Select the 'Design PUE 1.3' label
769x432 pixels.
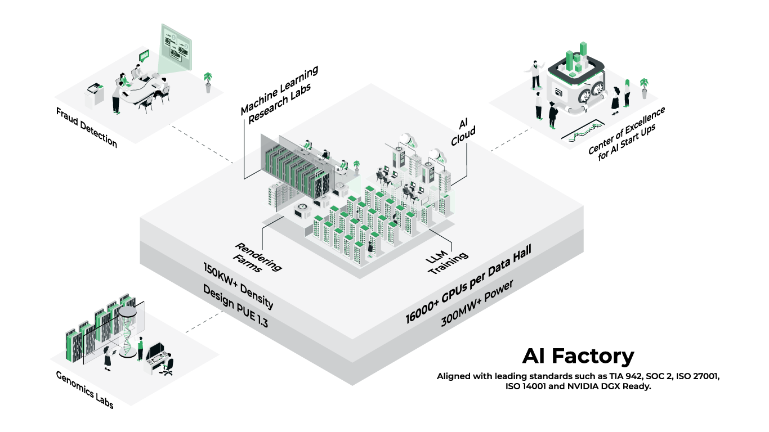(235, 307)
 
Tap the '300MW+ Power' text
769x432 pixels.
(477, 304)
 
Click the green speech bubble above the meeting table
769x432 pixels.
(144, 55)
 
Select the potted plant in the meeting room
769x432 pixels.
(208, 81)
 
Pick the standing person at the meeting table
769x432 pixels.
(117, 96)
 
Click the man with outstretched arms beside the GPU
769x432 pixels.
(534, 75)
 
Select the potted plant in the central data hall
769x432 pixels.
(356, 166)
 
